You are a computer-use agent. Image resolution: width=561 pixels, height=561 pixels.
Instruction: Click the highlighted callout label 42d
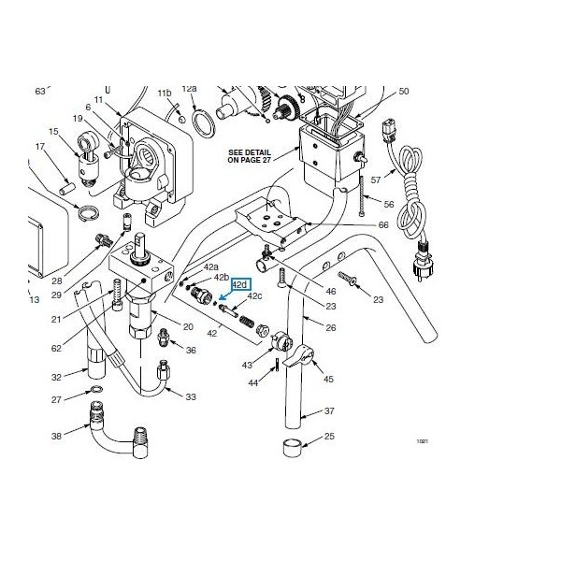pyautogui.click(x=241, y=284)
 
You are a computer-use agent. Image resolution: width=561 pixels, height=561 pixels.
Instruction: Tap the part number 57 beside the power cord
pyautogui.click(x=376, y=180)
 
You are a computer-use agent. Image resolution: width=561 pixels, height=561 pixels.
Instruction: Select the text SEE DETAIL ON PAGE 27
pyautogui.click(x=250, y=156)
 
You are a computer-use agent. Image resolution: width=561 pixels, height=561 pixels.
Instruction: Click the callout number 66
pyautogui.click(x=383, y=224)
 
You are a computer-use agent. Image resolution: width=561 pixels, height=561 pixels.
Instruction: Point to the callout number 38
pyautogui.click(x=56, y=436)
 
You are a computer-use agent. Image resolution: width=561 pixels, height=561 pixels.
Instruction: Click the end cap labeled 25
pyautogui.click(x=293, y=448)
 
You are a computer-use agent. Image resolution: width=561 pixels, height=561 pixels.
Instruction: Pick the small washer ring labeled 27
pyautogui.click(x=96, y=389)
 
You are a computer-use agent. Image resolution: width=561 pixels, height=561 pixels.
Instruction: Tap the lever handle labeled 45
pyautogui.click(x=299, y=356)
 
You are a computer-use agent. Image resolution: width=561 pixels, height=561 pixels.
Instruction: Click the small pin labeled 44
pyautogui.click(x=278, y=366)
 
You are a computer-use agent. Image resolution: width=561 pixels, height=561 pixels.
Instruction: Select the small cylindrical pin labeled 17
pyautogui.click(x=66, y=188)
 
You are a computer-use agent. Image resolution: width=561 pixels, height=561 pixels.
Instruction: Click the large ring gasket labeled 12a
pyautogui.click(x=204, y=122)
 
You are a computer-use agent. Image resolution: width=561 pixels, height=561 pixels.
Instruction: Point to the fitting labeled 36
pyautogui.click(x=163, y=338)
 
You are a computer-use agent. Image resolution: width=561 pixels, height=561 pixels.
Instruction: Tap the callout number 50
pyautogui.click(x=404, y=92)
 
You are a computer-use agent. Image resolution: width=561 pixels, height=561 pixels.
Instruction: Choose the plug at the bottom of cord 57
pyautogui.click(x=424, y=259)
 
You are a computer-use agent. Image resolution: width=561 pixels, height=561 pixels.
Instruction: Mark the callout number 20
pyautogui.click(x=188, y=326)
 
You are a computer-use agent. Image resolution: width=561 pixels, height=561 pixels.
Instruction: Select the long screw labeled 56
pyautogui.click(x=362, y=196)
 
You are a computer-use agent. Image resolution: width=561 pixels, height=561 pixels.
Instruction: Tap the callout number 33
pyautogui.click(x=191, y=396)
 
